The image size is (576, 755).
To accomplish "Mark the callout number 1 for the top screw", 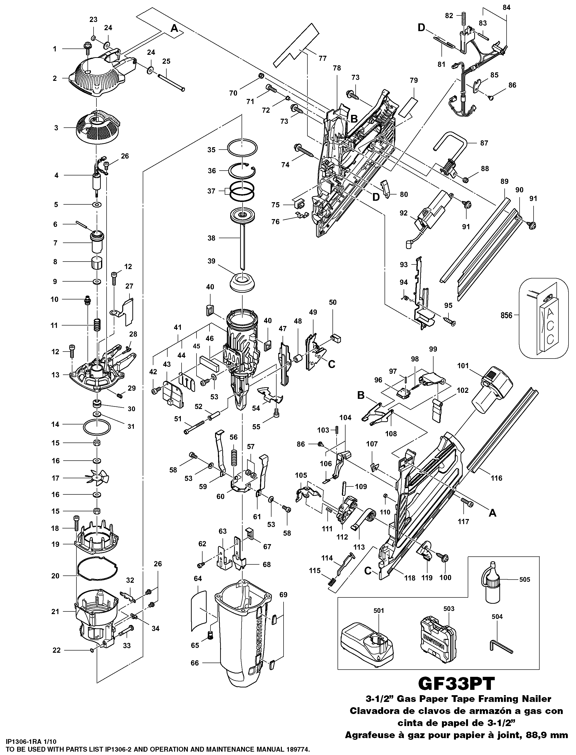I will [x=54, y=49].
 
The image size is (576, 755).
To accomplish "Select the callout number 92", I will [x=404, y=213].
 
